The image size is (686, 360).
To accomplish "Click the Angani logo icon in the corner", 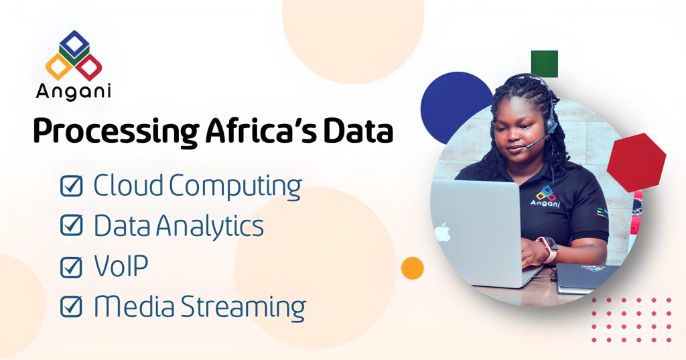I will pos(74,56).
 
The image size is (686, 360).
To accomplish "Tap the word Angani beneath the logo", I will pos(74,91).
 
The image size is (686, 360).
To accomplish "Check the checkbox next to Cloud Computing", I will pos(71,186).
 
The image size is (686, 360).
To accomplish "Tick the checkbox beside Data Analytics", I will pos(71,227).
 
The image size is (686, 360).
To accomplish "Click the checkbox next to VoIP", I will pos(71,267).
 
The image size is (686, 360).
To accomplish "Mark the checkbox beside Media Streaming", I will pos(71,307).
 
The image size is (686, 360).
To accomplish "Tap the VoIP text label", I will pos(121,266).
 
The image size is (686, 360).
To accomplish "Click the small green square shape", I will pos(545,64).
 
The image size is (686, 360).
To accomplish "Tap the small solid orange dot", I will pos(413,267).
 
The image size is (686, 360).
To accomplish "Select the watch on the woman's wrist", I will pos(551,249).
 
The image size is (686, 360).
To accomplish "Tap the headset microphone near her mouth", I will pos(529,143).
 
